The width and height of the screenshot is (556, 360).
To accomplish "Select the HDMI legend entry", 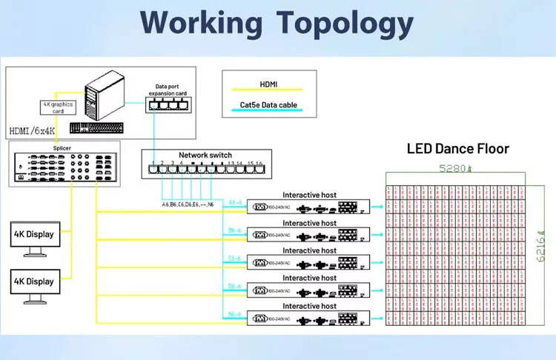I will [x=269, y=84].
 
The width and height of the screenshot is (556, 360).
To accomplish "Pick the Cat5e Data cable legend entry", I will [x=269, y=105].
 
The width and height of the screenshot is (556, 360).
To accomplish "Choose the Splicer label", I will [x=62, y=148].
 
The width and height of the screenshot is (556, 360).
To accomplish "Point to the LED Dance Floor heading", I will [x=457, y=149].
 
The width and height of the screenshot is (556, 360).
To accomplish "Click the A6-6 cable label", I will [x=235, y=202].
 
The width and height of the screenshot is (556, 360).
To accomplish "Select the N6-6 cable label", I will [x=235, y=313].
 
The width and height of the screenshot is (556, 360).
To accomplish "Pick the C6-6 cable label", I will [x=235, y=258].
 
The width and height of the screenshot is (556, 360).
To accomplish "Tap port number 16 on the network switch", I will [x=259, y=164].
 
